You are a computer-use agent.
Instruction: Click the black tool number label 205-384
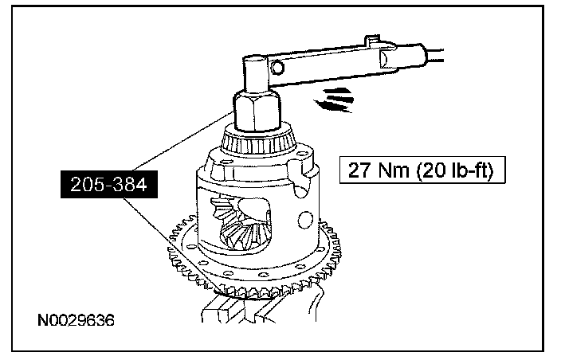(108, 185)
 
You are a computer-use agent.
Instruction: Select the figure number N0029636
(76, 320)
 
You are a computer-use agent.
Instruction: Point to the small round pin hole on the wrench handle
(277, 66)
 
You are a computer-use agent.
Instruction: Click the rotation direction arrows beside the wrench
(333, 100)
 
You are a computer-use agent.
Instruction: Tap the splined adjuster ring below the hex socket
(258, 141)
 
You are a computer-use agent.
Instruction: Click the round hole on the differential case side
(305, 220)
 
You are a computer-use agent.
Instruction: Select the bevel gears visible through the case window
(241, 224)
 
